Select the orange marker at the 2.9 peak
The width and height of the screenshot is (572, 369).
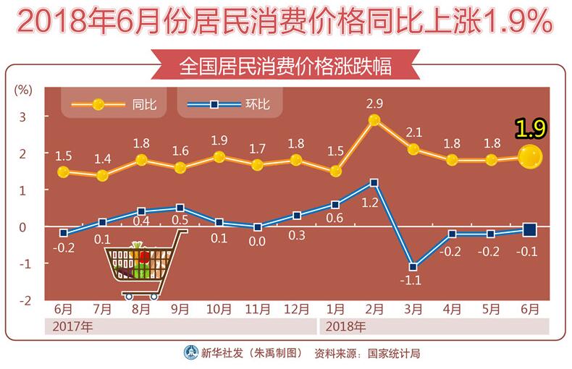tap(374, 120)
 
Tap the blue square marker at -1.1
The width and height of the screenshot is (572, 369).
tap(413, 267)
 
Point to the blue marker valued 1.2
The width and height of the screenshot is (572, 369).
tap(374, 183)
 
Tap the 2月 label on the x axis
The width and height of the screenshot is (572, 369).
tap(374, 309)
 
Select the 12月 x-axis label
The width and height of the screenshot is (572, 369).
tap(295, 309)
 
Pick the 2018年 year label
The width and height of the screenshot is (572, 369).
tap(345, 326)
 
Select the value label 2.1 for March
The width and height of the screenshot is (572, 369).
tap(413, 132)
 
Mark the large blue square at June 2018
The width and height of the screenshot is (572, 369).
tap(530, 230)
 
